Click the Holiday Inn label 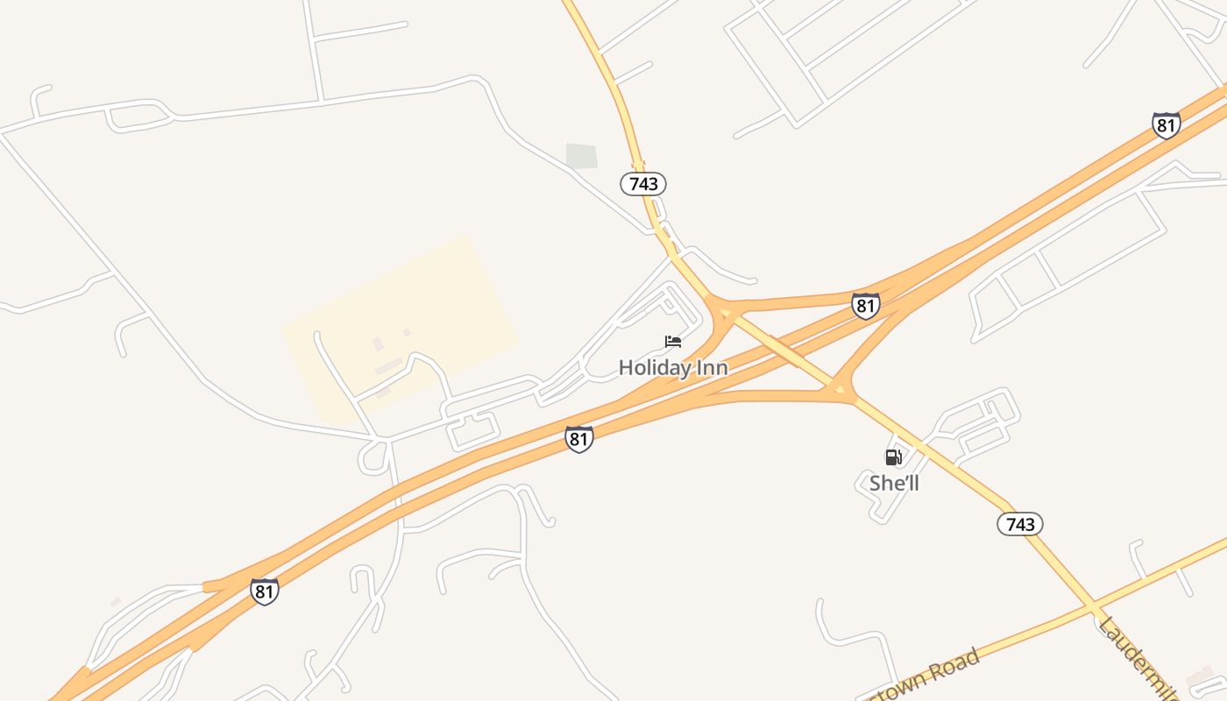coord(673,368)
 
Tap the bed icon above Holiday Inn coord(673,342)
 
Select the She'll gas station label coord(894,483)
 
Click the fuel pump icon coord(893,457)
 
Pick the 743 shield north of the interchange coord(643,184)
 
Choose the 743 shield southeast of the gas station coord(1020,524)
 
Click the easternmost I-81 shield coord(1166,125)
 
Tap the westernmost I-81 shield coord(264,591)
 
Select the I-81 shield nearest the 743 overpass coord(865,306)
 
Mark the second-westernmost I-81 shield coord(578,439)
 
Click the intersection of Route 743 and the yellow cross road coord(1094,606)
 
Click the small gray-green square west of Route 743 coord(582,156)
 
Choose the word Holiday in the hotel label coord(655,368)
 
